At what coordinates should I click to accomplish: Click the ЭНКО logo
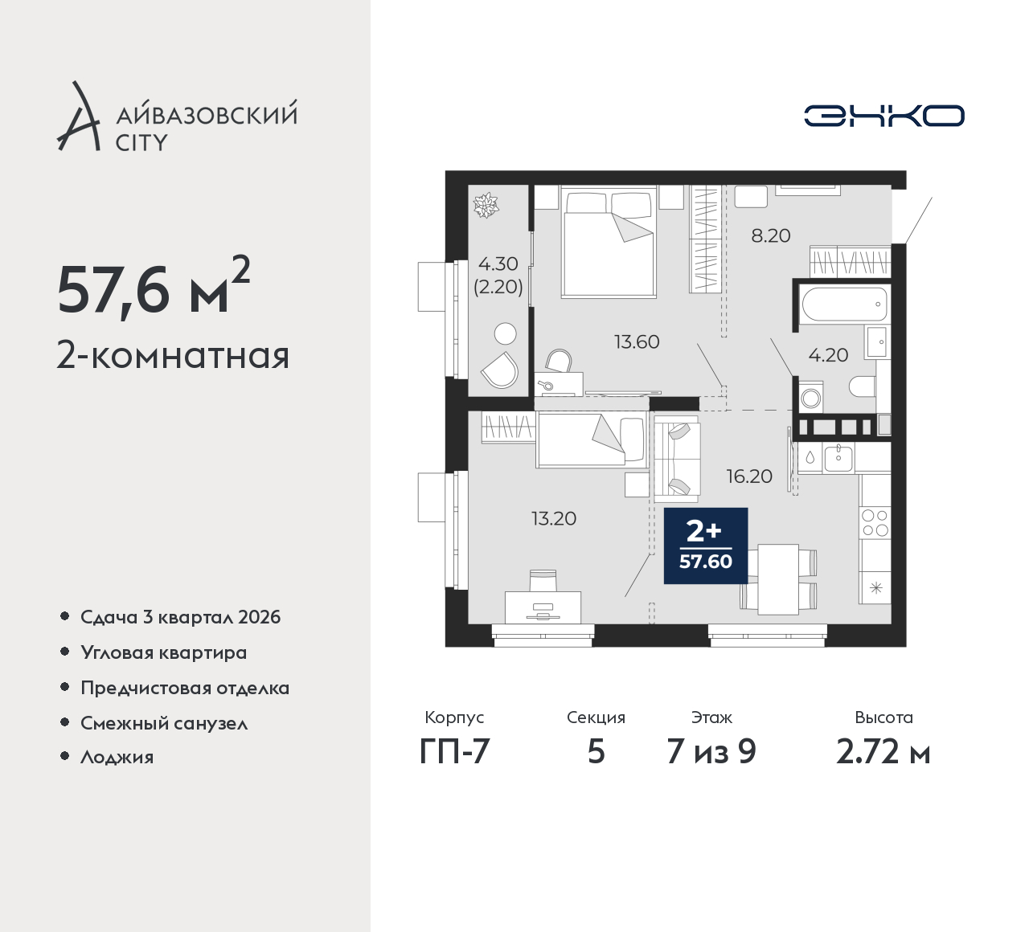[883, 116]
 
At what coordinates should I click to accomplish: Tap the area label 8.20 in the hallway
[770, 236]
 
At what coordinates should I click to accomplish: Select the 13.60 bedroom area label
[637, 342]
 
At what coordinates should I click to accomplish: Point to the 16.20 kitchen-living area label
[749, 476]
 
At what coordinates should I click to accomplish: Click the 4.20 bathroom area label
[828, 355]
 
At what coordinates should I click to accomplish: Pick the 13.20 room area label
[554, 519]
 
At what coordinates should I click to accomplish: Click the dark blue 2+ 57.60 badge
[705, 546]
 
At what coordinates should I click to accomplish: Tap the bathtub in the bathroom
[844, 304]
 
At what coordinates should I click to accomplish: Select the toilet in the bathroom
[862, 386]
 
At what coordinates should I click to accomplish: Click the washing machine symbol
[811, 397]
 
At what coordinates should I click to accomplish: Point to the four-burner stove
[875, 522]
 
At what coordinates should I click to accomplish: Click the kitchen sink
[838, 458]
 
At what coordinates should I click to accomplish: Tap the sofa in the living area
[677, 460]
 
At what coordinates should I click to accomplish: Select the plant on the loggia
[486, 205]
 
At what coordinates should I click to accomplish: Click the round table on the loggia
[506, 334]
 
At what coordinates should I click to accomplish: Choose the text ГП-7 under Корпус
[454, 752]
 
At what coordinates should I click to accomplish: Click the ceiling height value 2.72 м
[883, 752]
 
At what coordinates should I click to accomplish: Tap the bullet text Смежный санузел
[164, 723]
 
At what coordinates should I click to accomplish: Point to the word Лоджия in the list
[117, 757]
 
